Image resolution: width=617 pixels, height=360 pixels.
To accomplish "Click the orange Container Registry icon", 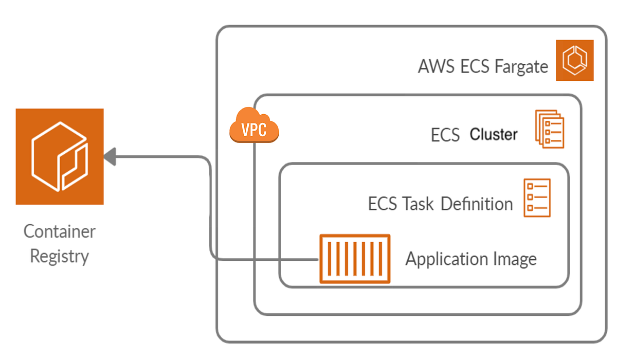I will (x=60, y=156).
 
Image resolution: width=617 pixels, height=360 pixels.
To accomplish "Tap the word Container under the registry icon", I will (x=60, y=231).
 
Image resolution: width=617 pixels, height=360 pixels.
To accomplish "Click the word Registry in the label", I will (x=60, y=256).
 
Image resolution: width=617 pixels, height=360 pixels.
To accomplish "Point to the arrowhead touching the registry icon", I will (x=110, y=157).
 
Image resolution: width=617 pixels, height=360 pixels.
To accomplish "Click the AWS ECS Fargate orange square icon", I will (x=575, y=61).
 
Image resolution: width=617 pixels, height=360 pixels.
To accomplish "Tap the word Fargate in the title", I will (x=521, y=67).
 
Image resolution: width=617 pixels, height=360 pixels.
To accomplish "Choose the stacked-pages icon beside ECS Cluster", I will (x=550, y=129).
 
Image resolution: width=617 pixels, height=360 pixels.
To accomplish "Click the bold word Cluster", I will (x=494, y=135).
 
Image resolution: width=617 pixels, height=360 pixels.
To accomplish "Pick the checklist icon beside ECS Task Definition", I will (x=537, y=198).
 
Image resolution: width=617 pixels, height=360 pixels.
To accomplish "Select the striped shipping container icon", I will (x=355, y=259).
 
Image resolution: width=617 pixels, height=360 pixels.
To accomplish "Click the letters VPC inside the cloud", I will (x=254, y=130).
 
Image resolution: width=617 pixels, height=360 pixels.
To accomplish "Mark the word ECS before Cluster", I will (x=445, y=135).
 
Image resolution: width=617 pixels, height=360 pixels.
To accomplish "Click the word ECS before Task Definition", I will (x=382, y=204).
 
